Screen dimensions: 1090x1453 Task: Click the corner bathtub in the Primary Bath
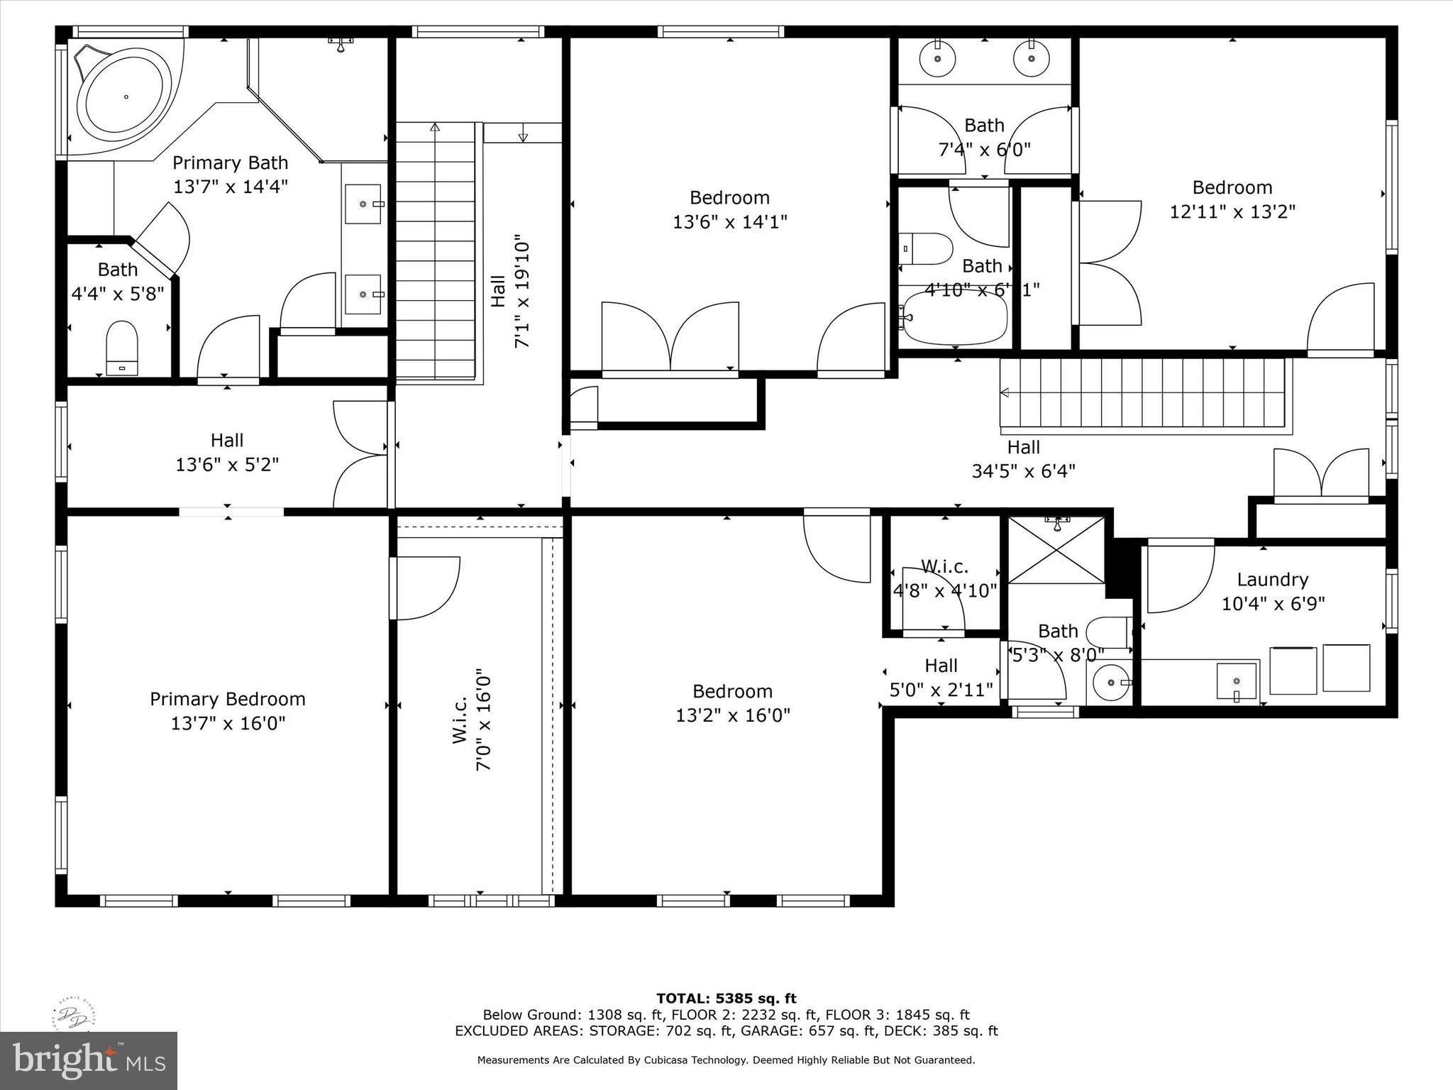(125, 96)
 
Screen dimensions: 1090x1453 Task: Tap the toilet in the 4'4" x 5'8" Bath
(121, 346)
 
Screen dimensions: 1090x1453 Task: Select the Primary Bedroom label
(228, 699)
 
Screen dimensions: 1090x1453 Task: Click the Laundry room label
(1272, 580)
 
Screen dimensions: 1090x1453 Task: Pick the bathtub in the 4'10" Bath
(955, 317)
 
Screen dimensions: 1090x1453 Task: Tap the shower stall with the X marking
(1056, 551)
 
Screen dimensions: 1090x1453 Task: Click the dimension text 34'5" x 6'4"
(1023, 471)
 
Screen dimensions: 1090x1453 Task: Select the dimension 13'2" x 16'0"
(732, 715)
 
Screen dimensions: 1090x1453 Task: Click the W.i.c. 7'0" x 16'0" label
(472, 720)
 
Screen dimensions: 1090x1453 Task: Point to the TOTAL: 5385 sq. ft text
(726, 999)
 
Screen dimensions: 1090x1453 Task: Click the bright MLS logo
(89, 1060)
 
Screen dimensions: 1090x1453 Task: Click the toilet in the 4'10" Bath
(927, 249)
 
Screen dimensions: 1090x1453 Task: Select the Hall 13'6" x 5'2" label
(227, 452)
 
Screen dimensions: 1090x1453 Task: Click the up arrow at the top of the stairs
(435, 128)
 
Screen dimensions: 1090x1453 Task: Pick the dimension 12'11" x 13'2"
(1232, 211)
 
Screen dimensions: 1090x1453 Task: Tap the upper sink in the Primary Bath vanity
(364, 204)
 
